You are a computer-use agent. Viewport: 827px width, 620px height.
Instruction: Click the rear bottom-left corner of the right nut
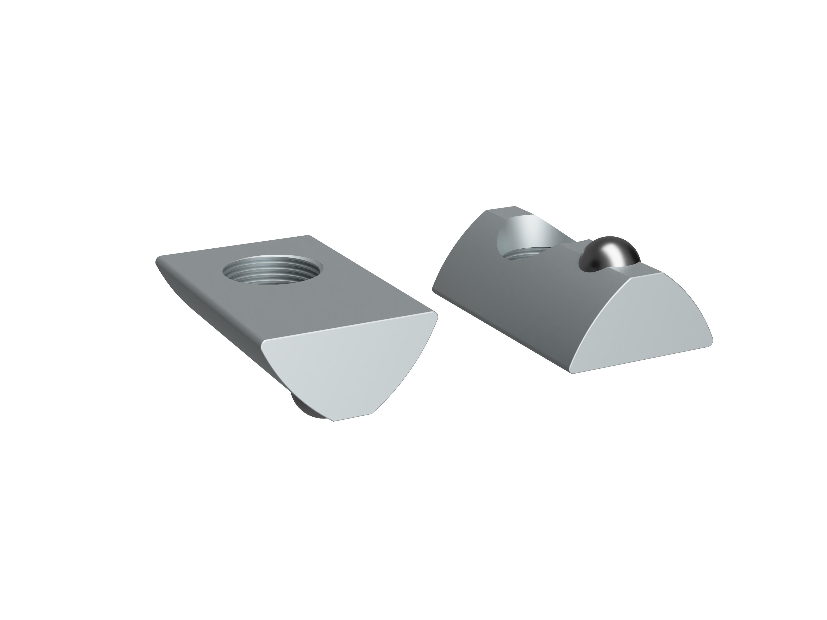point(434,290)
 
